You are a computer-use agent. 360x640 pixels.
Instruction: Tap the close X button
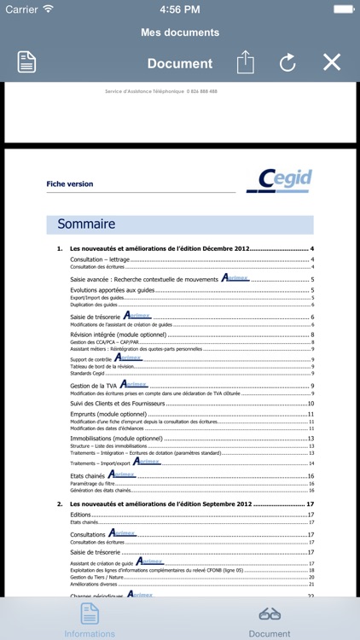click(332, 62)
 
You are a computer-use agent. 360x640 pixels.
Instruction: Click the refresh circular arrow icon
click(287, 62)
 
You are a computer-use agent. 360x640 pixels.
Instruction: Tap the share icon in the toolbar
click(246, 62)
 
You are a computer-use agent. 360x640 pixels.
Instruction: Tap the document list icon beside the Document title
click(27, 62)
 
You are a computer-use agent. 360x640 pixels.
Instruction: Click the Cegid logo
click(279, 181)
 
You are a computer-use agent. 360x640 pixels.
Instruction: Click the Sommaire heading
click(86, 224)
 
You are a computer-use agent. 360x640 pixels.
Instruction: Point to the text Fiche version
click(70, 183)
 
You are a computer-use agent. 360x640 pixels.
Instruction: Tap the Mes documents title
click(180, 32)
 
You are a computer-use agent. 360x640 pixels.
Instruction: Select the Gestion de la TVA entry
click(94, 387)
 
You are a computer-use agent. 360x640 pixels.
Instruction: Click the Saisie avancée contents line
click(143, 279)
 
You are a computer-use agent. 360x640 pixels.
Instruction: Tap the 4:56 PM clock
click(180, 9)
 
